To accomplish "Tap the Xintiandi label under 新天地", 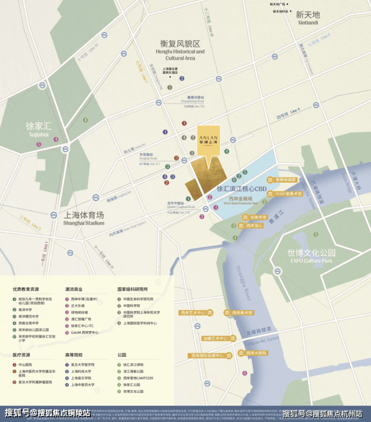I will (x=308, y=23).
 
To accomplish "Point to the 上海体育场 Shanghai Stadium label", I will (x=84, y=219).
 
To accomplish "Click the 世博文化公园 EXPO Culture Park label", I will (x=311, y=256).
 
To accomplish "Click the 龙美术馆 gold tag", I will (x=257, y=217).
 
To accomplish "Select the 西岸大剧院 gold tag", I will (x=256, y=353).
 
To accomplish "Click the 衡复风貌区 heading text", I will (x=180, y=43).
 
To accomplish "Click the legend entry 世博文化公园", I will (x=133, y=391).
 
